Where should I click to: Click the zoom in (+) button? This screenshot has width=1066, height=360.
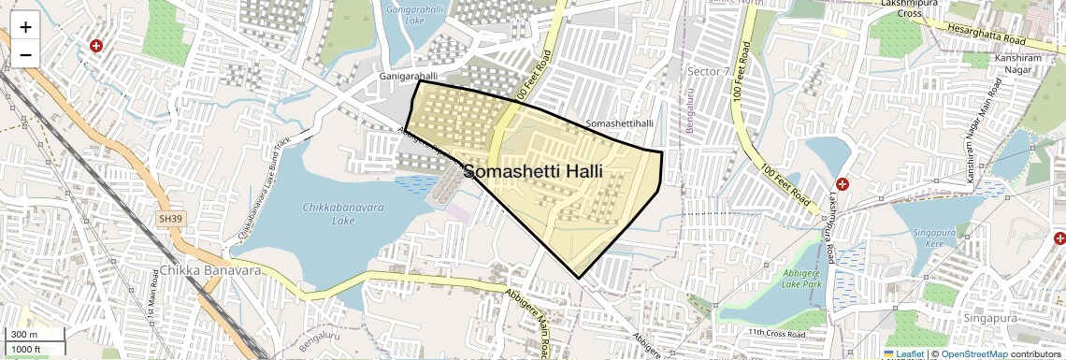coord(25,27)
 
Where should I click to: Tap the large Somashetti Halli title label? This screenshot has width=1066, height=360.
coord(533,173)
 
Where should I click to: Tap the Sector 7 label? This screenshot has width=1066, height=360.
coord(708,72)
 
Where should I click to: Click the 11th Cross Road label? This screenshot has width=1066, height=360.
coord(776,333)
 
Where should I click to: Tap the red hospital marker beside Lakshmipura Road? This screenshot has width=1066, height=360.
coord(843,185)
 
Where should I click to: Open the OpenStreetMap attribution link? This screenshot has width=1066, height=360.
coord(973,353)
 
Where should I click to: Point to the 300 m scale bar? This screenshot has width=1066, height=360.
coord(33,335)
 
